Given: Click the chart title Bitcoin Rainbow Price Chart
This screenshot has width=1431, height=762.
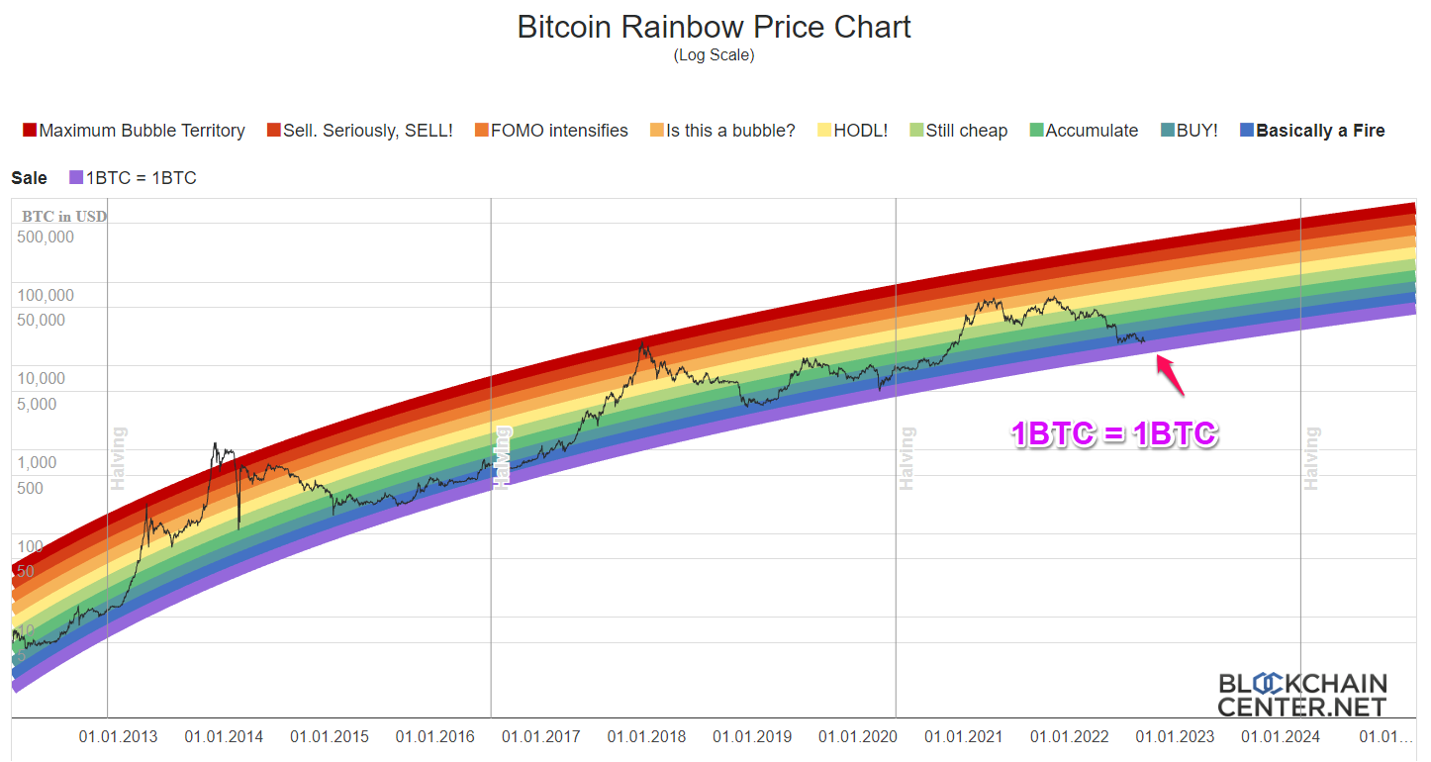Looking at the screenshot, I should point(714,27).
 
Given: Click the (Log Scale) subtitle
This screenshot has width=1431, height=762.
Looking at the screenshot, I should point(714,55).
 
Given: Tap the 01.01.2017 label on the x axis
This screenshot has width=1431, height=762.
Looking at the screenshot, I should point(540,737).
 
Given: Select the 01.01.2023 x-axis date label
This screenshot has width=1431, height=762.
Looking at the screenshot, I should point(1175,737).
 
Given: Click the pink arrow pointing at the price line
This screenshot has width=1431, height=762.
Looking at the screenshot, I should point(1170,375).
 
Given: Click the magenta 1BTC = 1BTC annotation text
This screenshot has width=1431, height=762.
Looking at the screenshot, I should point(1113,434).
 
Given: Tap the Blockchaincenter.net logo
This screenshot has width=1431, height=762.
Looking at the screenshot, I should point(1301,695).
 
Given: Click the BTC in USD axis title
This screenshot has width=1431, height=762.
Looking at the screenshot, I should point(64,217).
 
